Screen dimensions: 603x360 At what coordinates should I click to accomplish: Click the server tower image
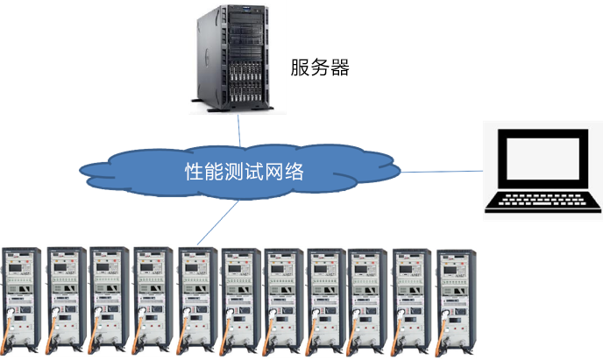232,59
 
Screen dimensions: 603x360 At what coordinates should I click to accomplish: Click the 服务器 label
320,67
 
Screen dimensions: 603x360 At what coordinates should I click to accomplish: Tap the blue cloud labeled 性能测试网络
240,172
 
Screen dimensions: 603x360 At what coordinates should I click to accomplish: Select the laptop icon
543,171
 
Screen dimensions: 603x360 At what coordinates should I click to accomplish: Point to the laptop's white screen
543,159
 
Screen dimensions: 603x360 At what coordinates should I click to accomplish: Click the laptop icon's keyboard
543,200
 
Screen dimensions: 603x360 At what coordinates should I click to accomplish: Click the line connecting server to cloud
238,130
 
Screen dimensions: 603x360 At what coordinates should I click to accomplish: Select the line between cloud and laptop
442,172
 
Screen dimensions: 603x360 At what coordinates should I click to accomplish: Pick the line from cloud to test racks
217,222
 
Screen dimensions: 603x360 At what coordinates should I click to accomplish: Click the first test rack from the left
21,300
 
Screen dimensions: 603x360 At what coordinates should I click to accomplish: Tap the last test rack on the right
456,303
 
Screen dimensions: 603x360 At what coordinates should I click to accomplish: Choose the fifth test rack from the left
197,300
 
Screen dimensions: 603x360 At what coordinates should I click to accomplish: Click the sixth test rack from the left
240,301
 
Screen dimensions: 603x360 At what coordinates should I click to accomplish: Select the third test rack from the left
109,300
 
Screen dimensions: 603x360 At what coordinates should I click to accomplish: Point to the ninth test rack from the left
367,302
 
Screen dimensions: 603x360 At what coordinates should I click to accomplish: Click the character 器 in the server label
340,67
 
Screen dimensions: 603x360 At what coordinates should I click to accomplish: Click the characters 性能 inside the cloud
204,172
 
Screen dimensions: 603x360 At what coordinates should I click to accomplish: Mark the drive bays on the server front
245,81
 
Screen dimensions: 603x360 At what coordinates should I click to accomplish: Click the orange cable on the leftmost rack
6,331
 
